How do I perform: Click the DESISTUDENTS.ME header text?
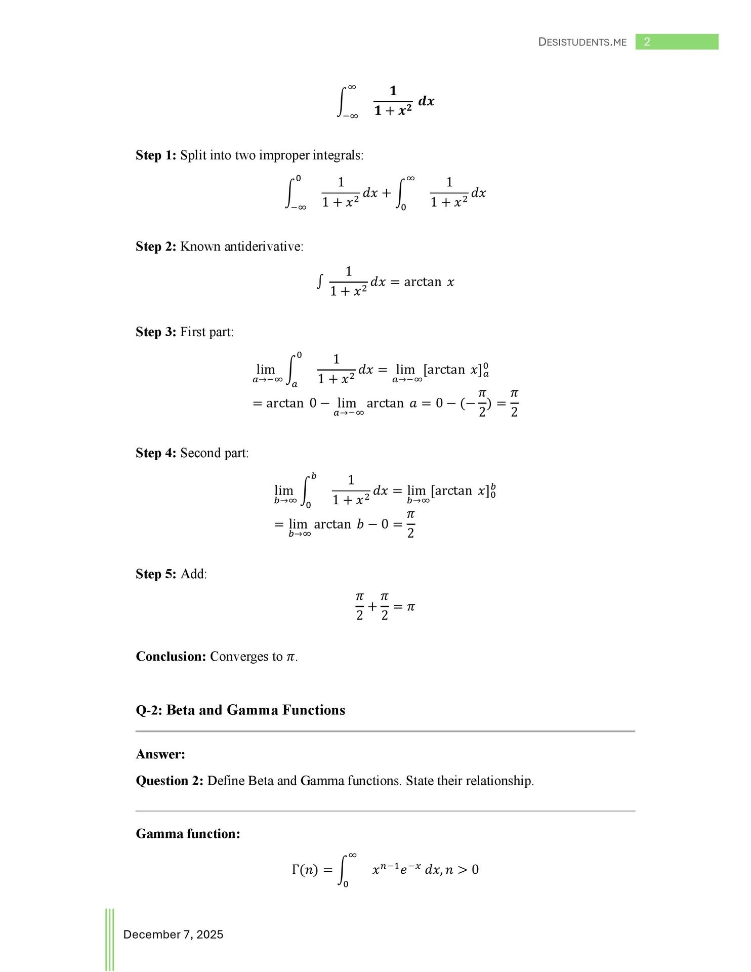(582, 42)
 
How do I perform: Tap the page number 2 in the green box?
(647, 42)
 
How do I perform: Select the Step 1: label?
(156, 155)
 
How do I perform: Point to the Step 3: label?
(156, 332)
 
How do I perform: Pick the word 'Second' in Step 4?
(199, 453)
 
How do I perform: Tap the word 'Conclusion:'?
(171, 657)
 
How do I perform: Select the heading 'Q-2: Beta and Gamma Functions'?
(240, 710)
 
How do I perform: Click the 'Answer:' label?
(160, 754)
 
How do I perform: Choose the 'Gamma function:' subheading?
(188, 834)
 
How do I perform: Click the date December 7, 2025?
(173, 935)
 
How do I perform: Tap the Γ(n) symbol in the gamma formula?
(305, 870)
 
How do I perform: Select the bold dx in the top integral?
(426, 101)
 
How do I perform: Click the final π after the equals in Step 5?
(411, 606)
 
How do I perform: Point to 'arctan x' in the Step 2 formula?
(429, 282)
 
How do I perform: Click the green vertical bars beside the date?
(110, 939)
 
